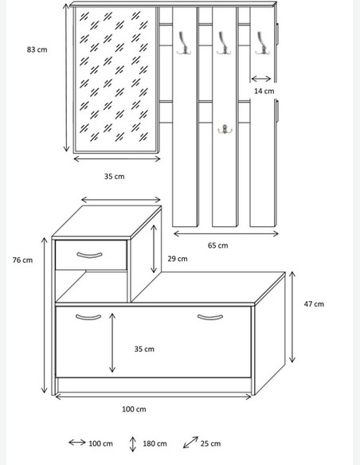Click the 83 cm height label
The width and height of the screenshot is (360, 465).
[x=37, y=49]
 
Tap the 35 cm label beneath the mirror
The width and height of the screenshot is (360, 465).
[x=115, y=177]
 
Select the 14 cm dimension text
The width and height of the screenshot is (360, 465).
[x=264, y=91]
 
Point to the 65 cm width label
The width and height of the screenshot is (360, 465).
[x=218, y=245]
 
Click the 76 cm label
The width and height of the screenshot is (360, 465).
[x=22, y=260]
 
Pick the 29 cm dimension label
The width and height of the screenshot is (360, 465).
[x=178, y=259]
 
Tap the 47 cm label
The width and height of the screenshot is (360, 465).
[x=314, y=304]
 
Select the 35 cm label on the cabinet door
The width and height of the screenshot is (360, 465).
[x=144, y=349]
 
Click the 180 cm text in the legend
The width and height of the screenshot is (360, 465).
[x=155, y=444]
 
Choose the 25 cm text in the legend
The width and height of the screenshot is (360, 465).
[x=210, y=444]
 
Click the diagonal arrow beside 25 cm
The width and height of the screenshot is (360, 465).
[x=190, y=442]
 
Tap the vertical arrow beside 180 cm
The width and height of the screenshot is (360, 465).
[x=133, y=444]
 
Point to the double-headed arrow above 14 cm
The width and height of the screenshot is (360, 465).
[x=261, y=79]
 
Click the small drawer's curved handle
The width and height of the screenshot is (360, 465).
[x=89, y=255]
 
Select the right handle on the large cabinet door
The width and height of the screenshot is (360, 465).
[x=210, y=318]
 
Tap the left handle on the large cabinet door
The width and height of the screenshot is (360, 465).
[x=88, y=318]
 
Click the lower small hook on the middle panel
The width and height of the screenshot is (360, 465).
[x=225, y=129]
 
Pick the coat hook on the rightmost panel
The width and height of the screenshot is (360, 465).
[x=262, y=44]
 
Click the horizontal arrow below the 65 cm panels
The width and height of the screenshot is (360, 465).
[x=226, y=234]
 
